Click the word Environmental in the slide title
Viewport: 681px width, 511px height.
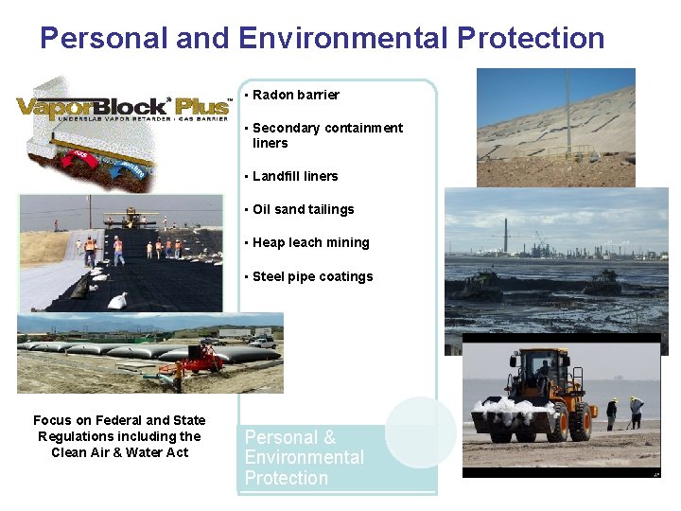pyautogui.click(x=341, y=39)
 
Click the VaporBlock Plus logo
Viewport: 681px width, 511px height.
pyautogui.click(x=121, y=107)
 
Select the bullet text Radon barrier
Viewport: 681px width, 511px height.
pyautogui.click(x=295, y=95)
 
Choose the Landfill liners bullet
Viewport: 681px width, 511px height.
pyautogui.click(x=294, y=176)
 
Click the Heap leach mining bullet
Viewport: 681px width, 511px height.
pyautogui.click(x=310, y=242)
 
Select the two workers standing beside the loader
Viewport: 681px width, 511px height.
pyautogui.click(x=624, y=412)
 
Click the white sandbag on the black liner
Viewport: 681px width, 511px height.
pyautogui.click(x=118, y=301)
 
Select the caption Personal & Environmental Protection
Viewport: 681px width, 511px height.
pyautogui.click(x=304, y=457)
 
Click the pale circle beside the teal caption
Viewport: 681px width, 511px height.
pyautogui.click(x=420, y=432)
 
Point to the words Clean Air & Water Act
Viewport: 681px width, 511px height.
pyautogui.click(x=119, y=452)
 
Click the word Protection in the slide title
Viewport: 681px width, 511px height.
pyautogui.click(x=531, y=39)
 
